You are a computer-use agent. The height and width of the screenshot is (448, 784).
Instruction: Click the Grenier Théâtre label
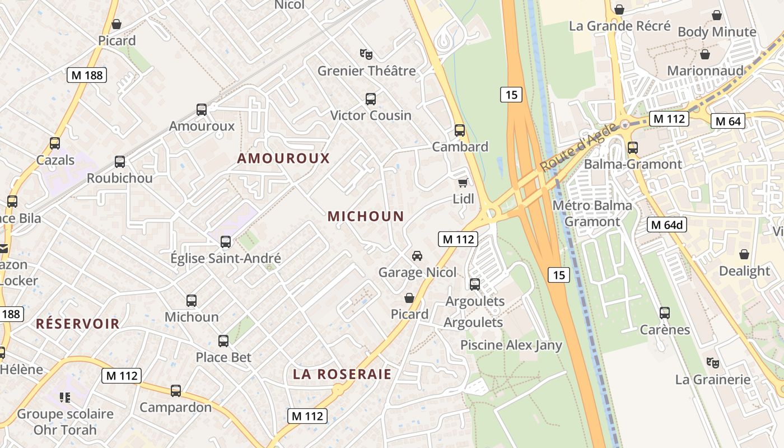[367, 71]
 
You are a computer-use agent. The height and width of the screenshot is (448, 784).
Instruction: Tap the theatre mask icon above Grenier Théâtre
[366, 54]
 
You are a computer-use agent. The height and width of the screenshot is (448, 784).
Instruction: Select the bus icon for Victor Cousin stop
[370, 99]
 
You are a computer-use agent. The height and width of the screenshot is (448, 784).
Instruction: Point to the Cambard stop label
[460, 147]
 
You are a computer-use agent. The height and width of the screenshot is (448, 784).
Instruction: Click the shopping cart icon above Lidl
[463, 183]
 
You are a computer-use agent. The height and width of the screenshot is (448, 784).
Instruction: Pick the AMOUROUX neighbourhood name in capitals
[283, 158]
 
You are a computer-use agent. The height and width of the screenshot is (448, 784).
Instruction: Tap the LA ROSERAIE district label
[342, 374]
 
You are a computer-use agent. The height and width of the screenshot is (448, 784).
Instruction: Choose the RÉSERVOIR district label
[78, 323]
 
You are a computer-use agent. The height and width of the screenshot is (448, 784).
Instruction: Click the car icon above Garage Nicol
[417, 256]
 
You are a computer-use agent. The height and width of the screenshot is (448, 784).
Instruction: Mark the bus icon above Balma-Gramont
[633, 148]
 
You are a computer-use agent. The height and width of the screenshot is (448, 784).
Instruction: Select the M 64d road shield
[667, 225]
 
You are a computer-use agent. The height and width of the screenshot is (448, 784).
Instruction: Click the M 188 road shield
[87, 75]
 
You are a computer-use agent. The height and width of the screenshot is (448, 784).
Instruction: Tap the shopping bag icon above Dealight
[744, 255]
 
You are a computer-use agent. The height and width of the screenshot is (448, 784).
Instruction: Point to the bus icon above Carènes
[665, 313]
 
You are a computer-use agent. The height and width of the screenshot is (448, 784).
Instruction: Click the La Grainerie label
[712, 379]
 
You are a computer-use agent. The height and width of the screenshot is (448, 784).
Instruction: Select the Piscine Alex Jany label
[511, 344]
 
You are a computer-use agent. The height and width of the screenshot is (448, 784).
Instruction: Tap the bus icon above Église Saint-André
[225, 242]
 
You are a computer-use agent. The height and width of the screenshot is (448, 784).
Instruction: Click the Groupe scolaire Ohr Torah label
[65, 422]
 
